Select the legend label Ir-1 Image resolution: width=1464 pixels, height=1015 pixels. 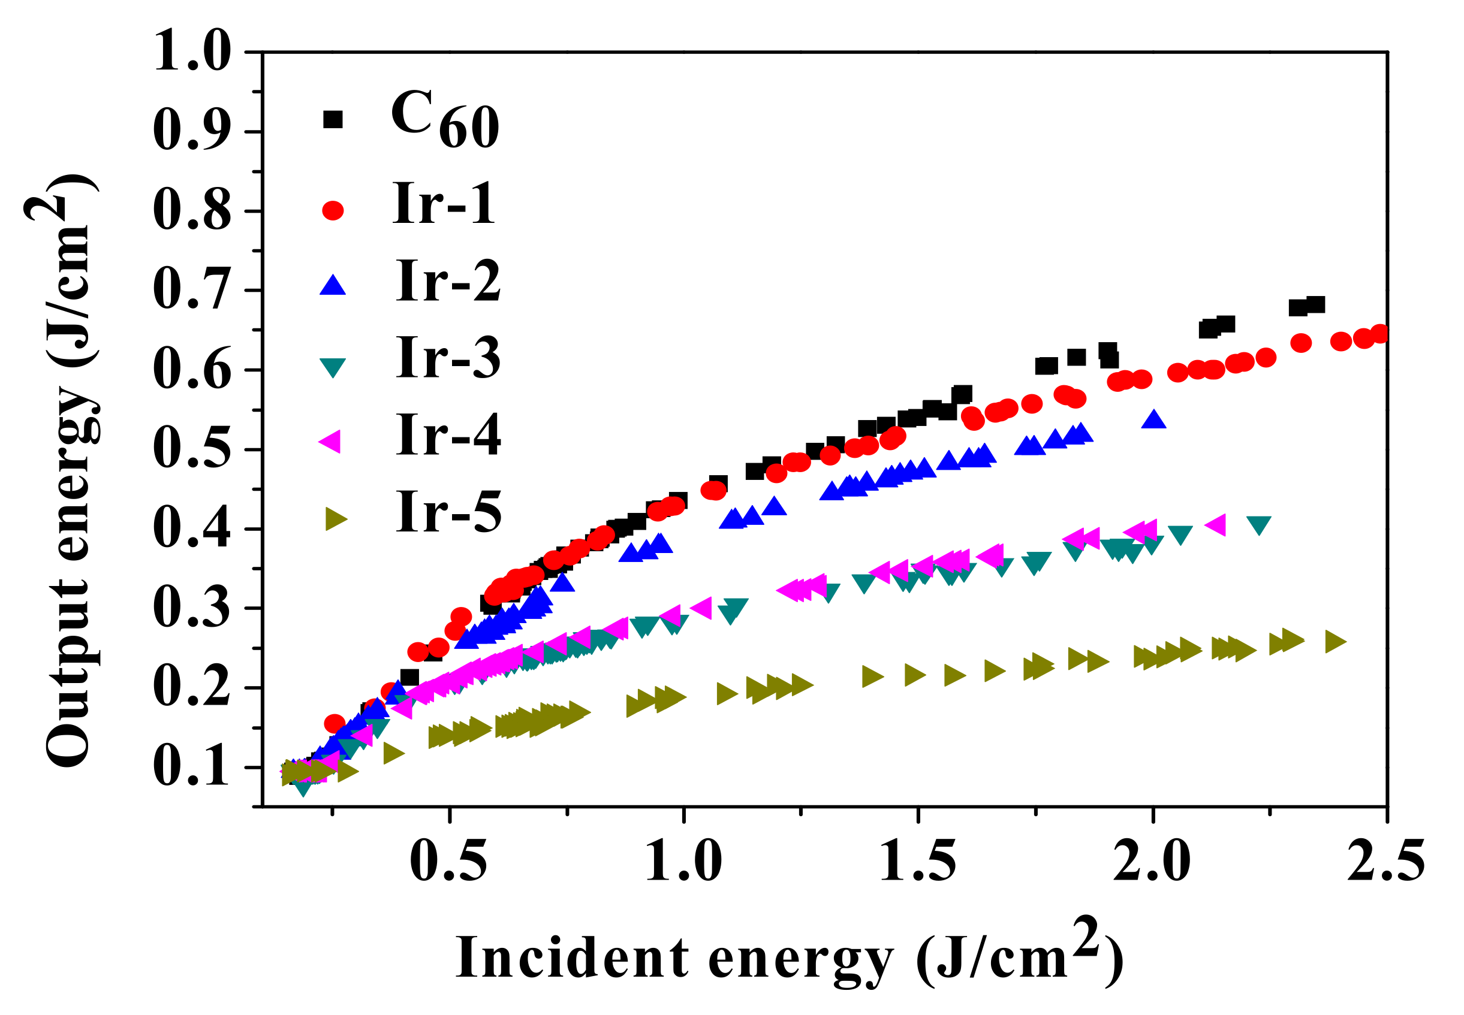point(444,204)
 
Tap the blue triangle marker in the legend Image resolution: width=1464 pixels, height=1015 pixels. point(332,285)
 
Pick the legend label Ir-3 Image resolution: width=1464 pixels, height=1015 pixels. point(448,358)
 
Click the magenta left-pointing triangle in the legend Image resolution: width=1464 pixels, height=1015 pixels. point(330,441)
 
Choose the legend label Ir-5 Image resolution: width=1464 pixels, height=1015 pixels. point(448,512)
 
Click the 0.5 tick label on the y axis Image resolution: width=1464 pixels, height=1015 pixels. point(191,449)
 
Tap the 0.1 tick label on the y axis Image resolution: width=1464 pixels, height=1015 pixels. point(191,767)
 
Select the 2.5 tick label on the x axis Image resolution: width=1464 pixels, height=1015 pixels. point(1385,862)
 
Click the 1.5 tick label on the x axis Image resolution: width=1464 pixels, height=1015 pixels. point(917,862)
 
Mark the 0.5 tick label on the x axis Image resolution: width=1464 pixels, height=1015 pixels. point(448,862)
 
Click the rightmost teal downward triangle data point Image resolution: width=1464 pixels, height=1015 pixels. point(1258,525)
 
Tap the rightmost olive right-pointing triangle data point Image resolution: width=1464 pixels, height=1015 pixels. point(1335,642)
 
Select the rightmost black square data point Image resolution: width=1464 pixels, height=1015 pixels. point(1315,304)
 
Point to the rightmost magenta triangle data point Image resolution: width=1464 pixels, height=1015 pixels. point(1215,525)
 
